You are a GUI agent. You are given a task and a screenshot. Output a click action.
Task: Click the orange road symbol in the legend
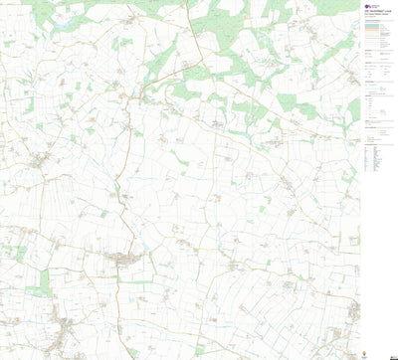pos(375,31)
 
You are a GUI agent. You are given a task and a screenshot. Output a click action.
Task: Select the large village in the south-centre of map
pos(124,260)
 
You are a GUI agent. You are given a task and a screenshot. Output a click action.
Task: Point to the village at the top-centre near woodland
pos(186,67)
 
